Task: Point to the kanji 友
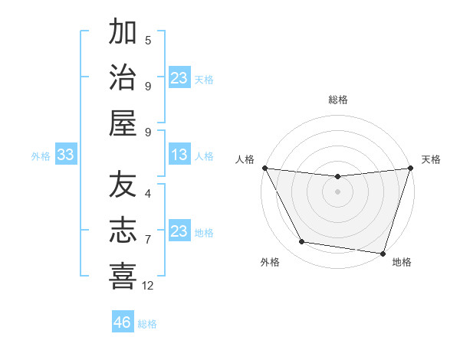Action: point(123,186)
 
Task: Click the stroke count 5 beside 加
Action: point(148,41)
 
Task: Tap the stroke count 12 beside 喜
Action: point(148,286)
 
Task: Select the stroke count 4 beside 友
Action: point(148,195)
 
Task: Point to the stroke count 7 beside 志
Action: point(148,240)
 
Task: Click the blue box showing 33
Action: point(65,155)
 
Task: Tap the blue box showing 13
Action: point(179,155)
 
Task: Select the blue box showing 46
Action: point(122,322)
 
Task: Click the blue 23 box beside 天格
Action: point(179,78)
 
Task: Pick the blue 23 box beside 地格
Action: point(179,231)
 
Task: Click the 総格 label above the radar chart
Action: point(337,100)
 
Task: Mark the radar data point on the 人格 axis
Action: point(264,168)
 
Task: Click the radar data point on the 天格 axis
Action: point(410,169)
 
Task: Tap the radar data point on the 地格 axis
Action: point(383,253)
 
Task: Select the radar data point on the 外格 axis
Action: point(302,242)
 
